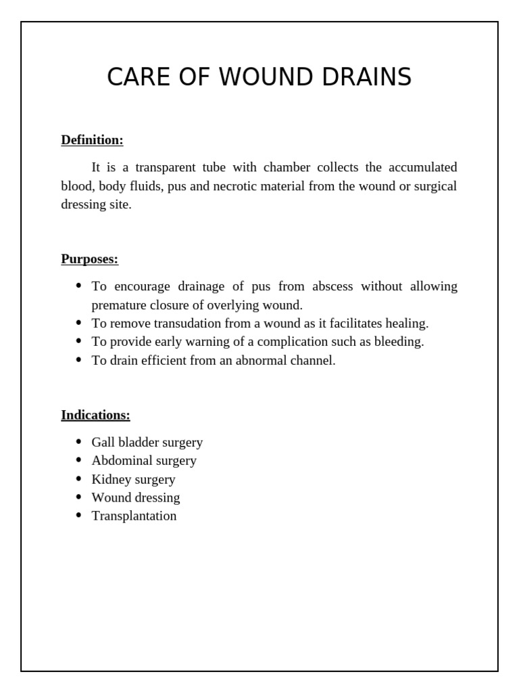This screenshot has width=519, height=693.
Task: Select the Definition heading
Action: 92,140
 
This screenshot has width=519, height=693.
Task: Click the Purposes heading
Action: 89,259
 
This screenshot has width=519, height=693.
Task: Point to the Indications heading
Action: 95,415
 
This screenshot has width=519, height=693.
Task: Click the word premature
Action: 118,305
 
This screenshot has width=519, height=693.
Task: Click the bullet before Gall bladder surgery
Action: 78,443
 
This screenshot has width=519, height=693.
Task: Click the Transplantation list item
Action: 134,516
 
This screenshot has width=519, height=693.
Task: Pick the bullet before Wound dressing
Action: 78,497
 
